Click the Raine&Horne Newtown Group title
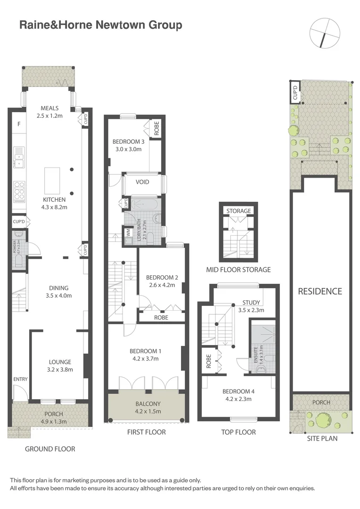coord(100,25)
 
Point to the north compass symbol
coord(325,32)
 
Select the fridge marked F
coord(19,124)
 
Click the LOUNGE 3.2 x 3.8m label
coord(60,366)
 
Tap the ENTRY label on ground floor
coord(21,379)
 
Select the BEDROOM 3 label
coord(128,145)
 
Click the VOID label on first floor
coord(142,182)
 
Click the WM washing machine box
coord(128,232)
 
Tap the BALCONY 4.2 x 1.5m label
coord(148,407)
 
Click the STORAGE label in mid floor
coord(238,211)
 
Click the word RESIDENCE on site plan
coord(320,291)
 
